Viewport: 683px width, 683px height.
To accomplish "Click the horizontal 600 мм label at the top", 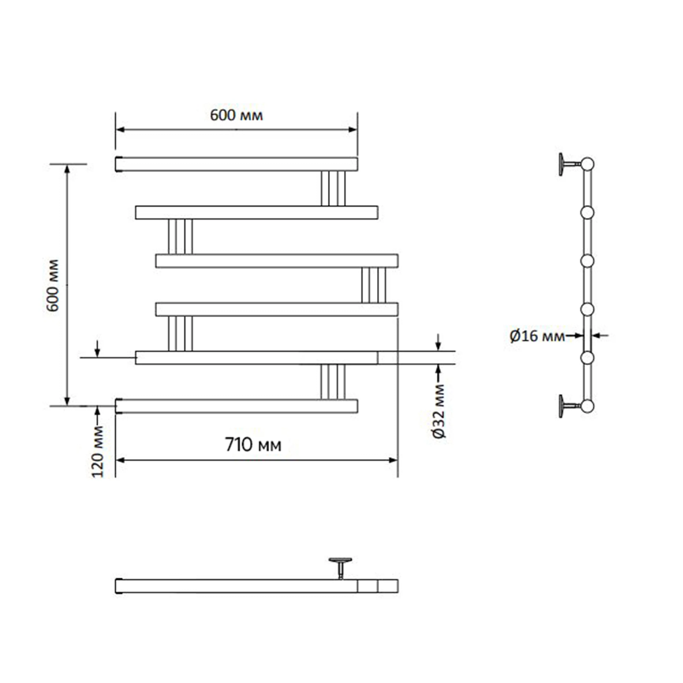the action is point(236,115).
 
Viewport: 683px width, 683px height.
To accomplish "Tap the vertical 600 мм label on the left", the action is point(53,285).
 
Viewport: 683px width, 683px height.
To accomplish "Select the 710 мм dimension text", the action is point(253,445).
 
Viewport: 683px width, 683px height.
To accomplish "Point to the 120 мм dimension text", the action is point(98,452).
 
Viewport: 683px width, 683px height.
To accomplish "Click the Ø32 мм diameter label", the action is point(440,411).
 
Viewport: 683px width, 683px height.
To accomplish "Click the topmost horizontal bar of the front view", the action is point(236,164).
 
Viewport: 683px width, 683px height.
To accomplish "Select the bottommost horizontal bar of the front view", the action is point(236,406).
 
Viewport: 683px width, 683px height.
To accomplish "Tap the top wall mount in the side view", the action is point(570,164).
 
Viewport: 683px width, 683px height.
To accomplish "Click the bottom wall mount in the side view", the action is point(570,406).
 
